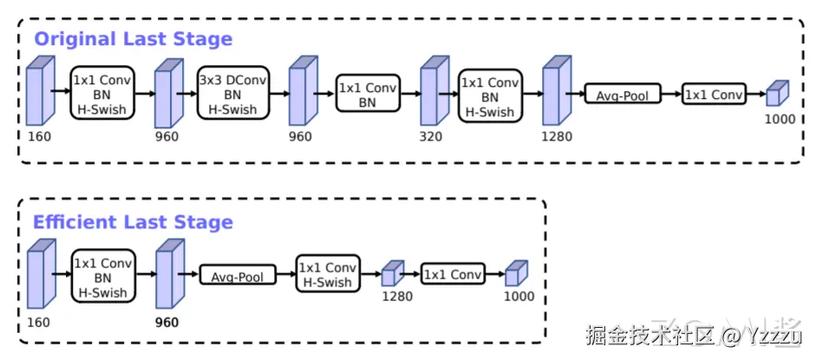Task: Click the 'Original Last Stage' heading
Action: [x=133, y=39]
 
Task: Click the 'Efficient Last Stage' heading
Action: [x=133, y=222]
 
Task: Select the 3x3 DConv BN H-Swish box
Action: [x=233, y=95]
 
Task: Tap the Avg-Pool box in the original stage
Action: [x=623, y=95]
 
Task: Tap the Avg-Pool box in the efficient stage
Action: [x=238, y=277]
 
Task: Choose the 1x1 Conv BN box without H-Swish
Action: [x=368, y=95]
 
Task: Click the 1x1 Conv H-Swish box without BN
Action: [x=327, y=275]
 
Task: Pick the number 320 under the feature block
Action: [x=431, y=136]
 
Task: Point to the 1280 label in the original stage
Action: [x=555, y=136]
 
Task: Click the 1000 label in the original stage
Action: [x=780, y=119]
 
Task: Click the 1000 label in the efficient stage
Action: [x=518, y=297]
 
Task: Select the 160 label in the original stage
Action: [x=39, y=136]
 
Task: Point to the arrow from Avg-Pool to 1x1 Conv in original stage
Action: [x=671, y=95]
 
